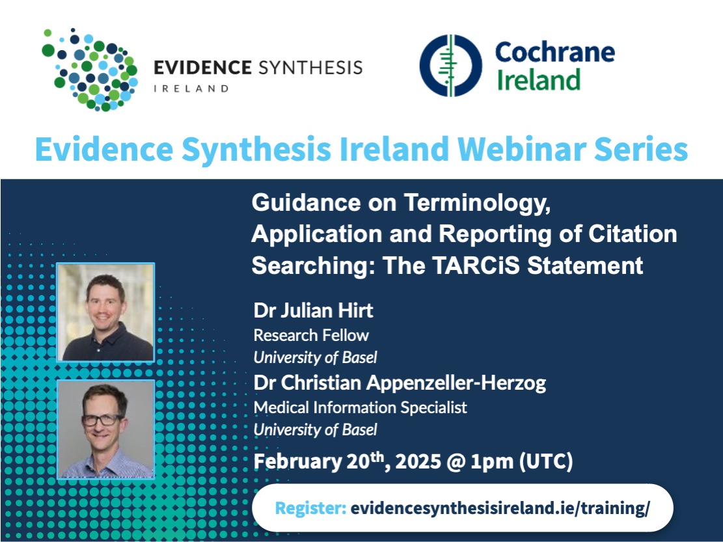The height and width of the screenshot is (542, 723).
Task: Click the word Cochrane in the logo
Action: pyautogui.click(x=554, y=52)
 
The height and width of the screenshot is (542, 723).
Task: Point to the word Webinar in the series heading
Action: pyautogui.click(x=532, y=150)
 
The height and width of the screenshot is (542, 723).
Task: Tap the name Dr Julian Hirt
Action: pyautogui.click(x=313, y=310)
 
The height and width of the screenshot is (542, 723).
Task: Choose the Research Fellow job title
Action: pyautogui.click(x=311, y=335)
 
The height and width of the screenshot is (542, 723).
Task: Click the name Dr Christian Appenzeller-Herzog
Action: pyautogui.click(x=400, y=383)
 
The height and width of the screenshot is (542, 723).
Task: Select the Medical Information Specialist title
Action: pyautogui.click(x=360, y=407)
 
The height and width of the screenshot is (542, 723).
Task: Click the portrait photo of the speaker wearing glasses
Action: pyautogui.click(x=105, y=429)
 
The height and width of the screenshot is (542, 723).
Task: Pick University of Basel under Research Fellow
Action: pyautogui.click(x=315, y=357)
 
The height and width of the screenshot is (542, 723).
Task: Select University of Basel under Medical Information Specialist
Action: pyautogui.click(x=315, y=429)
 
